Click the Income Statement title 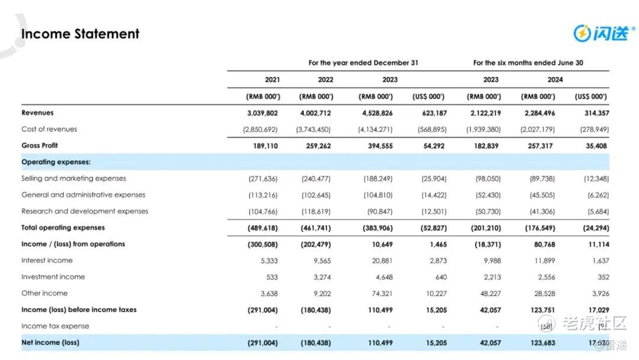click(x=80, y=34)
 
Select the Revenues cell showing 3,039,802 click(x=263, y=112)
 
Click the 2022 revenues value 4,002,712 click(x=315, y=112)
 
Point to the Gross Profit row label click(x=40, y=146)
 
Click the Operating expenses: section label click(x=56, y=162)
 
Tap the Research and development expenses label click(x=85, y=211)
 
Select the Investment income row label click(x=53, y=277)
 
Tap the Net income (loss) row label click(x=50, y=343)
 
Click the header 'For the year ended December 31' click(x=363, y=63)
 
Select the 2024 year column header click(x=555, y=79)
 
